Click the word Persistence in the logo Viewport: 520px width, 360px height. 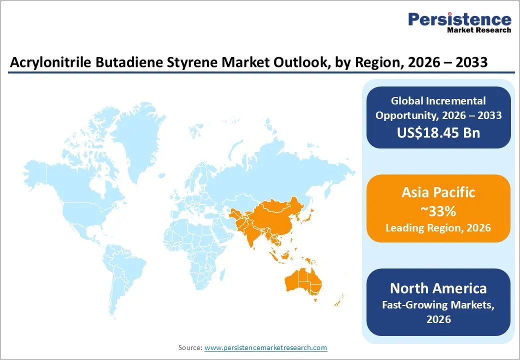tap(460, 19)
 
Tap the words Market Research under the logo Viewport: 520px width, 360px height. tap(479, 30)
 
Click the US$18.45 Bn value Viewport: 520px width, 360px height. tap(438, 133)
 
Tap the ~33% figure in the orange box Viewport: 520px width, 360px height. tap(438, 211)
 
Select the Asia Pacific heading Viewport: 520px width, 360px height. tap(438, 192)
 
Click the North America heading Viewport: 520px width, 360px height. tap(438, 288)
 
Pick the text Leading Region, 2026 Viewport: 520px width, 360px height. tap(438, 228)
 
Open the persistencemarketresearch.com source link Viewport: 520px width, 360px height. tap(266, 347)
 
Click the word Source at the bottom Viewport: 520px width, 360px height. tap(190, 347)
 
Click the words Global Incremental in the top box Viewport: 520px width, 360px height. tap(438, 101)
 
